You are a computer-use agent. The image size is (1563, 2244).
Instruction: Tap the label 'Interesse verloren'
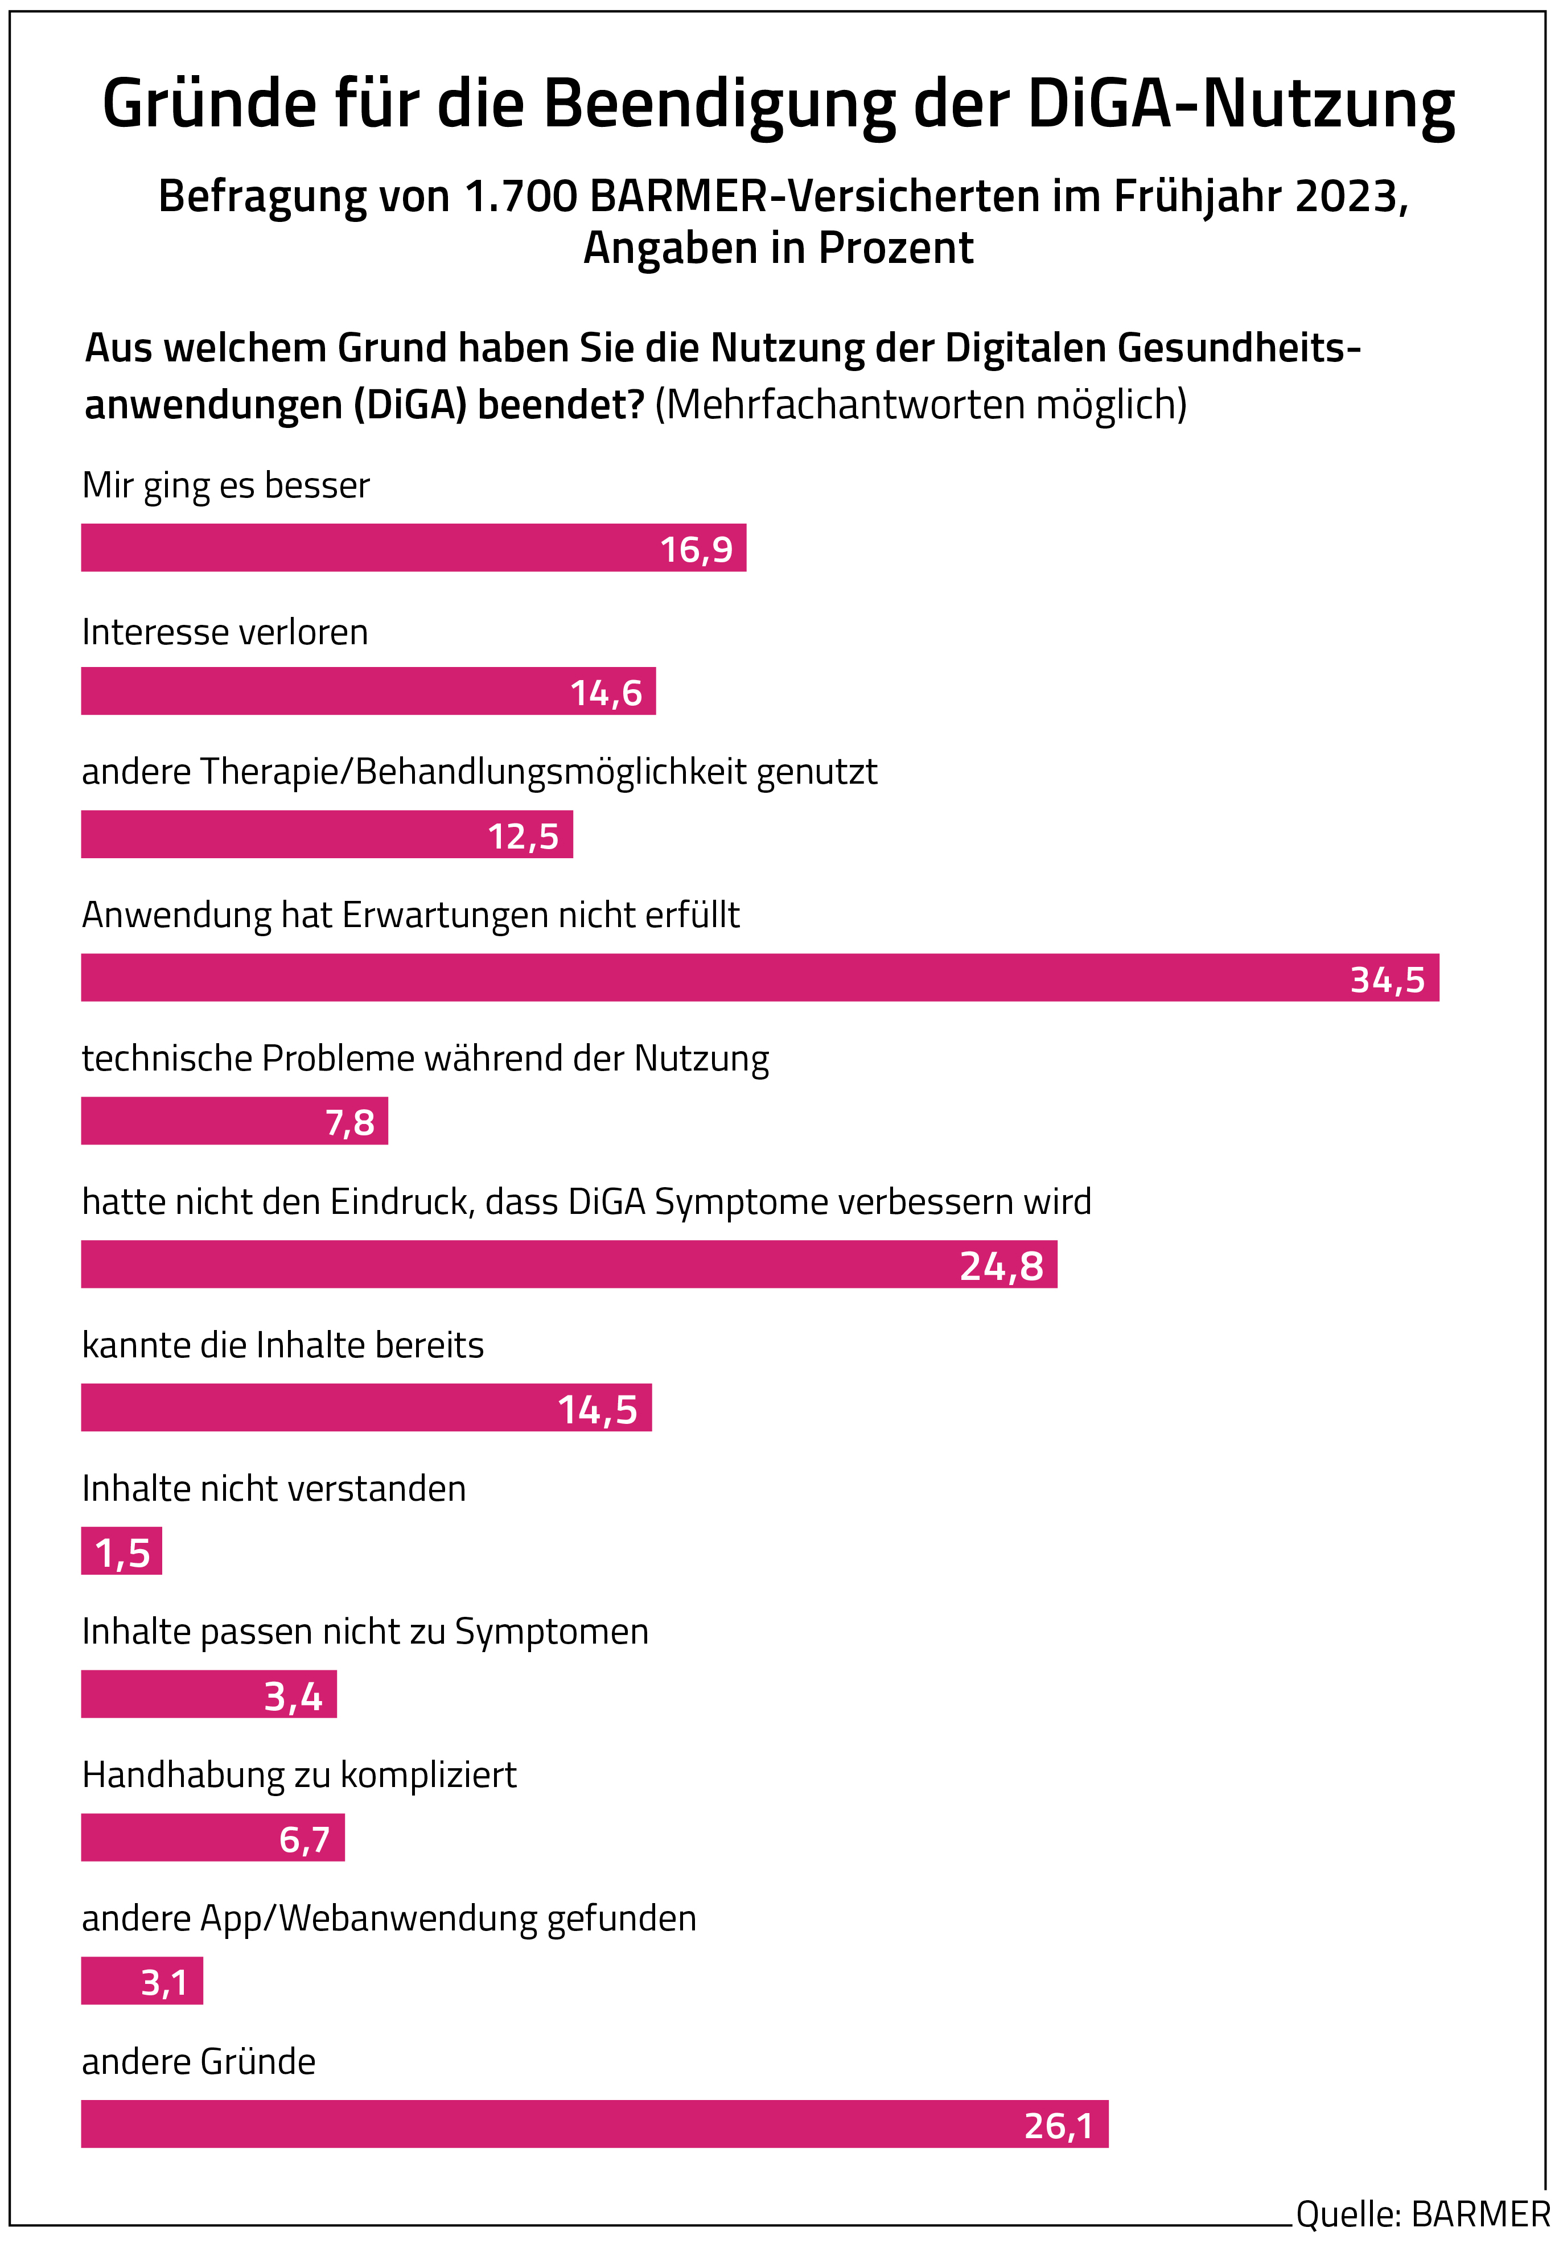pos(225,632)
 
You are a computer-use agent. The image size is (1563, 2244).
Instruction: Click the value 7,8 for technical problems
pos(350,1122)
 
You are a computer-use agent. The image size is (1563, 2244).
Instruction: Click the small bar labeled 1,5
pos(121,1551)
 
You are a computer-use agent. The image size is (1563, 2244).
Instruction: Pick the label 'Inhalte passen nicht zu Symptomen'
pos(365,1631)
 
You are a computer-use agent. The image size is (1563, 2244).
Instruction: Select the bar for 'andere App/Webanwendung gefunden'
pos(142,1981)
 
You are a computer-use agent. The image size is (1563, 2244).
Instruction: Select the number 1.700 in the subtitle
pos(521,196)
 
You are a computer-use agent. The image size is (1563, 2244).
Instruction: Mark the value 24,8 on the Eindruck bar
pos(1001,1266)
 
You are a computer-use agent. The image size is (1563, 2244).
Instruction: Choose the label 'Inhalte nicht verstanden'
pos(274,1489)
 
